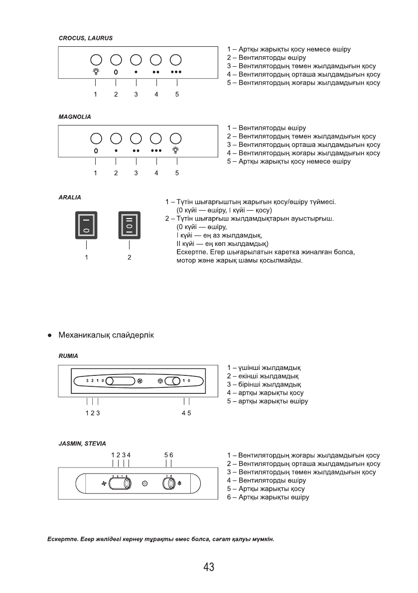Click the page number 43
tap(209, 567)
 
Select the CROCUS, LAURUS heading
tap(85, 38)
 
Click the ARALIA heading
tap(70, 198)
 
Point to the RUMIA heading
tap(68, 356)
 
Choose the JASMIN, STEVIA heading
tap(82, 443)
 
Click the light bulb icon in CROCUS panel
tap(95, 72)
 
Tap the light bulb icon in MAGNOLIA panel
tap(175, 149)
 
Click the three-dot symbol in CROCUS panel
tap(175, 72)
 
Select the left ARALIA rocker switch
tap(86, 225)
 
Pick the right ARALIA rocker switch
tap(129, 225)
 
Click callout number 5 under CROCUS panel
tap(177, 95)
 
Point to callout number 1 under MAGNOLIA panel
tap(95, 173)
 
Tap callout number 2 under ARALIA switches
tap(129, 257)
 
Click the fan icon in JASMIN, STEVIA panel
tap(105, 483)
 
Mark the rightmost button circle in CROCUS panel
tap(175, 60)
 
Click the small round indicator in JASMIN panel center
tap(145, 483)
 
